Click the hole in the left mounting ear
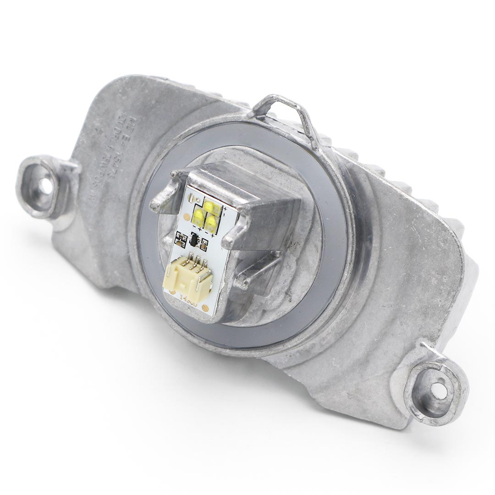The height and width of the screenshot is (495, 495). pos(45,186)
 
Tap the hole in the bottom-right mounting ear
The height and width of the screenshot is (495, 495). pos(439,390)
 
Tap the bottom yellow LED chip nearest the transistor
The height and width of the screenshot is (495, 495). pos(210,223)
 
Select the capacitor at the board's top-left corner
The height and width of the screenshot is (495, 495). pos(196,196)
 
